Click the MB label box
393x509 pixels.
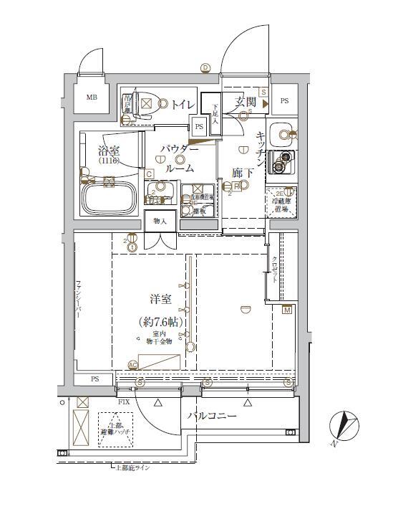click(92, 98)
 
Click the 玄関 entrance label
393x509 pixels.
click(246, 103)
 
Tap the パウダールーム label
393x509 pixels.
click(180, 157)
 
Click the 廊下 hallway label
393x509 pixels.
click(242, 173)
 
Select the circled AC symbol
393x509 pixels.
click(132, 364)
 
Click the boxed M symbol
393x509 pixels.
click(287, 310)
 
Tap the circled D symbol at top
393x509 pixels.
click(205, 67)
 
